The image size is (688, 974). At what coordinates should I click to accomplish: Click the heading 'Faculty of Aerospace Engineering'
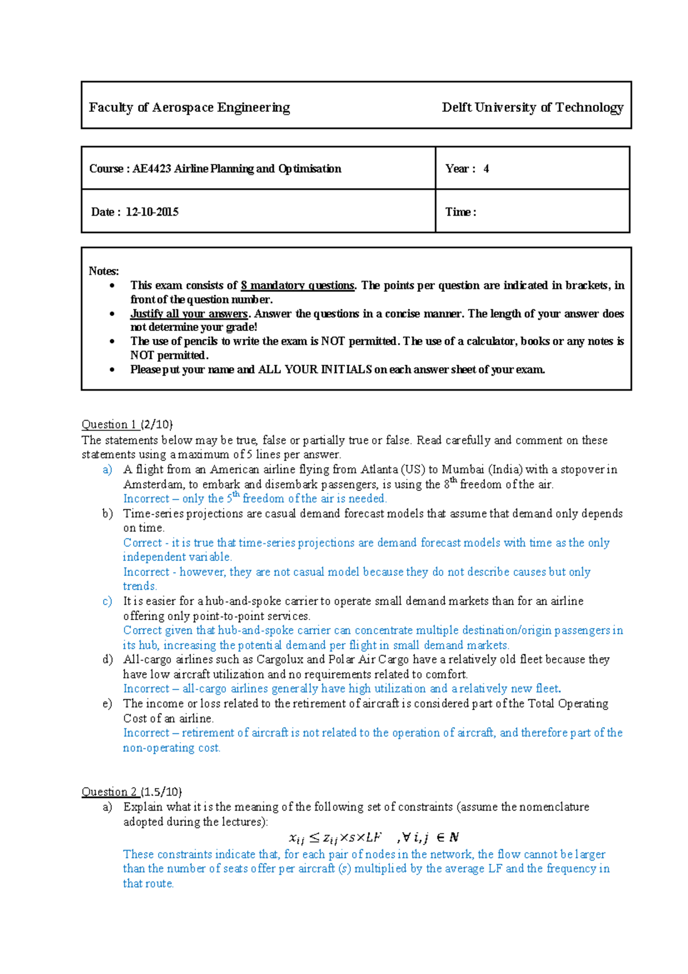coord(189,107)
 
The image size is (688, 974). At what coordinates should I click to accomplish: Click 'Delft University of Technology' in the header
coord(532,107)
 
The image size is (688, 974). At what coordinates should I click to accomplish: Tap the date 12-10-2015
coord(152,212)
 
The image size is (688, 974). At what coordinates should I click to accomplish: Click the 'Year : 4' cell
coord(467,169)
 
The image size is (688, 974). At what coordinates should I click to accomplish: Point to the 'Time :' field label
coord(460,212)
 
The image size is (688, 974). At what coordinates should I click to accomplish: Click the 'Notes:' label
coord(104,271)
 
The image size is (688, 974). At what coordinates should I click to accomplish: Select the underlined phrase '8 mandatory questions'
coord(298,285)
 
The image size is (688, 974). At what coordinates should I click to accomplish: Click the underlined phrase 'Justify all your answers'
coord(189,313)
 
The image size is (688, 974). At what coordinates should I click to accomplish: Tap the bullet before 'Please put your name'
coord(112,370)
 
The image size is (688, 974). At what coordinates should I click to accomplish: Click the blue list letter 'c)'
coord(107,601)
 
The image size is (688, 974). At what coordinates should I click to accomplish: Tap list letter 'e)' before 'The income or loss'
coord(107,704)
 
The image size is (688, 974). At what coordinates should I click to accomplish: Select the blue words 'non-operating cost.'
coord(171,747)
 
